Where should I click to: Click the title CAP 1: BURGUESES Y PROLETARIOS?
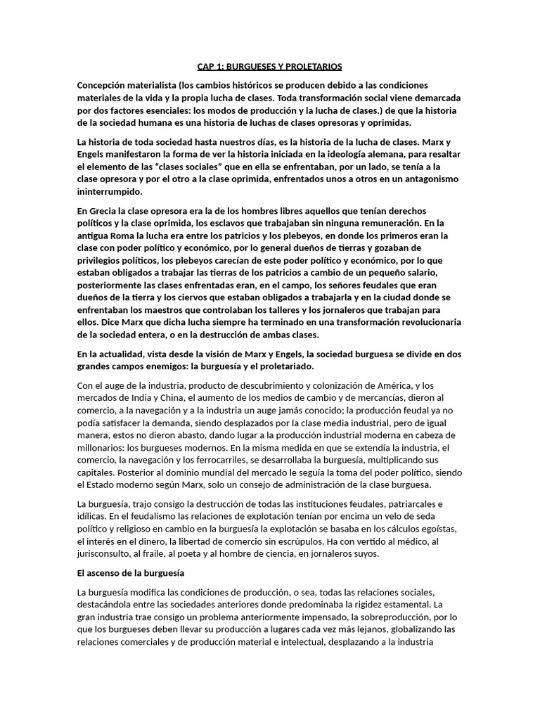(x=269, y=67)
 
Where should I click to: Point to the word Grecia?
(x=107, y=211)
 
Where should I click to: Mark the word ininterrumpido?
(x=110, y=191)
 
